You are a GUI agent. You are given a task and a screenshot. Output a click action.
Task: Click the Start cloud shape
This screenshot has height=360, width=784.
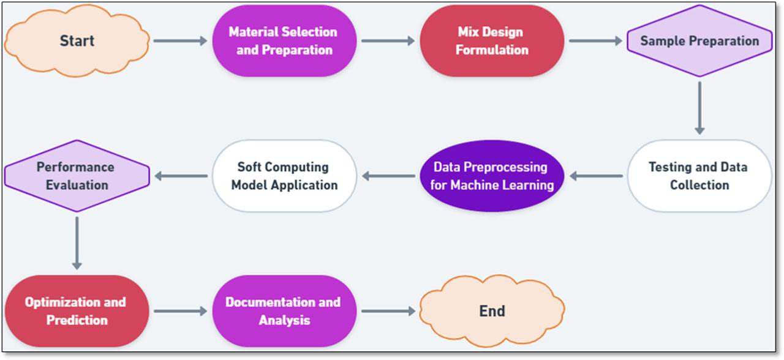point(77,41)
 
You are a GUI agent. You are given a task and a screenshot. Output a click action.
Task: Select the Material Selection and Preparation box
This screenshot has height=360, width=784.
point(284,41)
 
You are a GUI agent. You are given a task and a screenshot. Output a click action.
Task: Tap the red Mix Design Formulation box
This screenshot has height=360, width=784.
point(492,41)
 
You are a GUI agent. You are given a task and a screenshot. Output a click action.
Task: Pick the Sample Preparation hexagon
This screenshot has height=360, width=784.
point(699,41)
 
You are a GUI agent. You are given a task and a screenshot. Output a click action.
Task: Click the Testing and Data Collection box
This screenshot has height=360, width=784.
point(699,176)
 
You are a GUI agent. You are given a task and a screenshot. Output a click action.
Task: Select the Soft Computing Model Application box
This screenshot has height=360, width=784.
point(284,176)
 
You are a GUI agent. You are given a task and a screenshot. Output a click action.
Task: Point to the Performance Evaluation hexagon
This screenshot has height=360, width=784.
point(77,176)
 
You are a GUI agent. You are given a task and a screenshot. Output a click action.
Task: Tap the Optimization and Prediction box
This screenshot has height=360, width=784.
point(77,311)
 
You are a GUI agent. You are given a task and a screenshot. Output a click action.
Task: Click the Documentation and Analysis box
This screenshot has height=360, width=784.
point(284,311)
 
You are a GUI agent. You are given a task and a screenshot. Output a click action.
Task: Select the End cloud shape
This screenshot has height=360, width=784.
point(492,311)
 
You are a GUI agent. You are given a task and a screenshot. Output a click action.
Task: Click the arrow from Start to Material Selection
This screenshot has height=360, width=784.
point(181,41)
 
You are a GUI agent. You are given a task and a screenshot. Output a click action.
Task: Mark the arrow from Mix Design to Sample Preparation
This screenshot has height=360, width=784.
point(595,41)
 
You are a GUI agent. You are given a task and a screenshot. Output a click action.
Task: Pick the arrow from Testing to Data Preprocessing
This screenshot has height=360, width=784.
point(596,176)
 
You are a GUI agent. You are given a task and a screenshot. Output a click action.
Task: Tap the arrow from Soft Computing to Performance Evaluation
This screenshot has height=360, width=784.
point(181,176)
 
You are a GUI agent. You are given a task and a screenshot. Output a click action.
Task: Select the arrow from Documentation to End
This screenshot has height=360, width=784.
point(388,311)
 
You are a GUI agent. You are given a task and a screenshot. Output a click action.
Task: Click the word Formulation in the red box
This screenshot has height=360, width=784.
point(492,50)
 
